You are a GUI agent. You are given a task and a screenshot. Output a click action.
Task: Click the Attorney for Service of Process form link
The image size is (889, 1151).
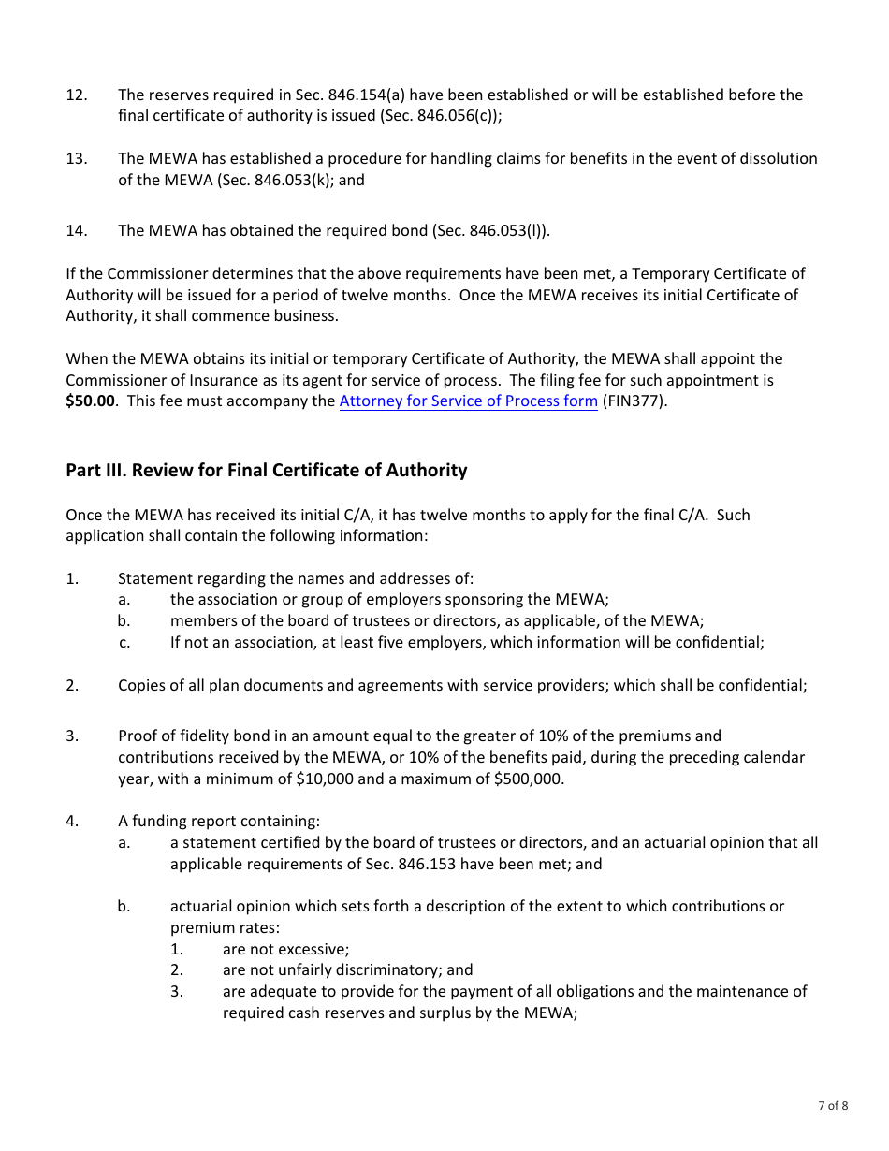click(468, 401)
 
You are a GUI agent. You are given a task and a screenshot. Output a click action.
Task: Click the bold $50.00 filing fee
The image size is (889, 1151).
click(92, 401)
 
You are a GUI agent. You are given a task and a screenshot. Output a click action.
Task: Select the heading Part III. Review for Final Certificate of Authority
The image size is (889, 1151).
click(266, 470)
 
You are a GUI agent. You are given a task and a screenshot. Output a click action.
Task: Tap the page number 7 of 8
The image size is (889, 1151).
click(833, 1105)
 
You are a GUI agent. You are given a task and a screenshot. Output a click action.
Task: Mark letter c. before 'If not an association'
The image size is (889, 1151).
click(124, 642)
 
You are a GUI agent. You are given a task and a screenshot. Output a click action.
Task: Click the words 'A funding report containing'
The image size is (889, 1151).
click(218, 822)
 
